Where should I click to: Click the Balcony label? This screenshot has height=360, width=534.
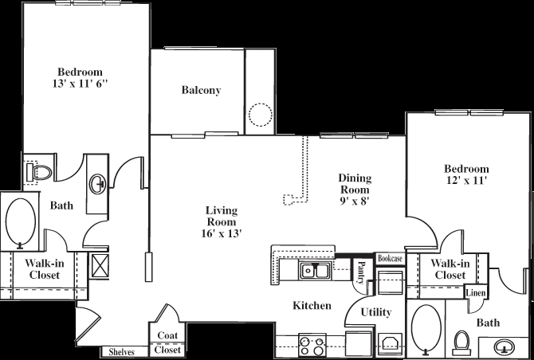(x=201, y=91)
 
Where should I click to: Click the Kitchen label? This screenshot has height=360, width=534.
(x=312, y=305)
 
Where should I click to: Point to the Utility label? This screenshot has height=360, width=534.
(x=375, y=311)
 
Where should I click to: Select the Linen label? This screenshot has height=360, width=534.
(x=476, y=294)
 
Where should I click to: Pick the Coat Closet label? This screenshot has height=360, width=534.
(x=167, y=342)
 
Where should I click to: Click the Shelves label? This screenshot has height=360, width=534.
(x=122, y=352)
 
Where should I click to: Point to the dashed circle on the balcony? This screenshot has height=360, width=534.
(x=261, y=116)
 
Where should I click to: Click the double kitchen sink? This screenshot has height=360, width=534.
(x=316, y=272)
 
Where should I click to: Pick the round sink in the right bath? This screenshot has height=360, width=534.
(x=504, y=347)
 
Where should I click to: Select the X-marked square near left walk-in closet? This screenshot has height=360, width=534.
(x=102, y=264)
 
